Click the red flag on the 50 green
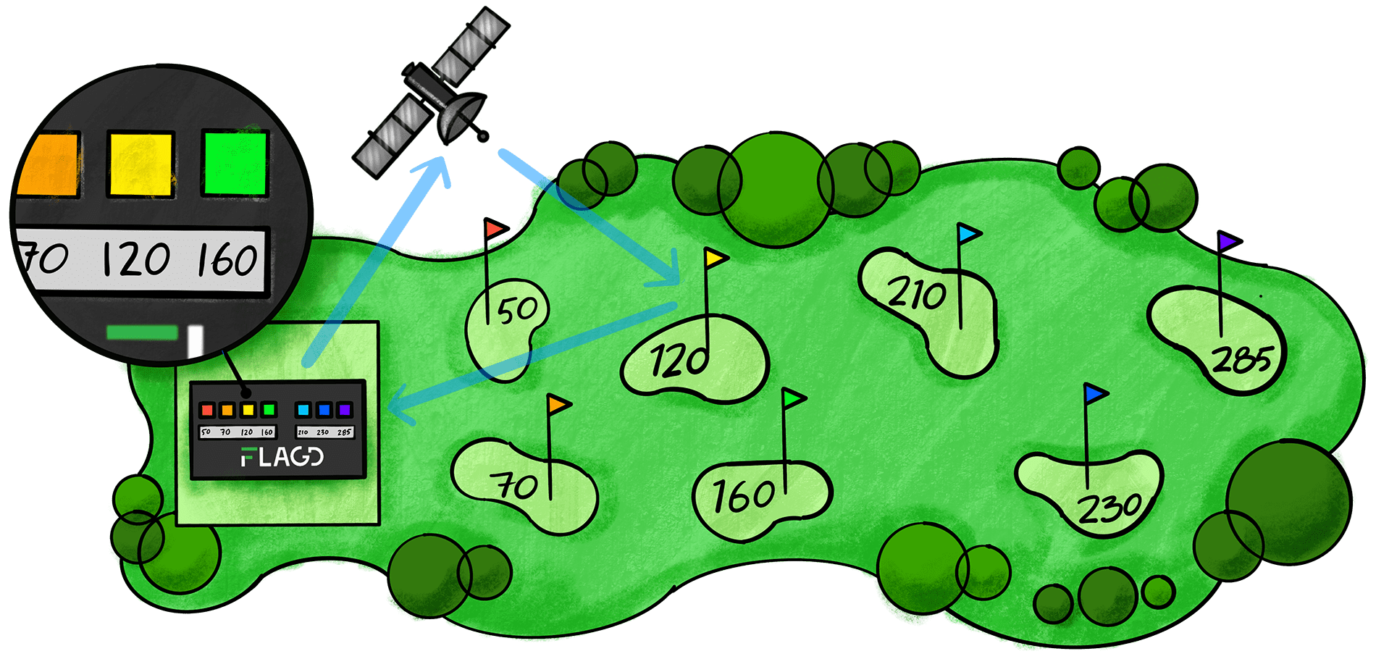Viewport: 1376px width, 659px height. click(496, 230)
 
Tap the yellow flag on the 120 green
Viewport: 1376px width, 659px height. click(716, 258)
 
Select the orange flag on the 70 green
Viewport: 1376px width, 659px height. click(559, 404)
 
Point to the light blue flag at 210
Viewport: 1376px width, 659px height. click(968, 234)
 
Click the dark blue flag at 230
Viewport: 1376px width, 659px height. click(1094, 393)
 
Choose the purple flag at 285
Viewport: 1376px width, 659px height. click(1228, 241)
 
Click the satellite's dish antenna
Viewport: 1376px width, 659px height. click(461, 116)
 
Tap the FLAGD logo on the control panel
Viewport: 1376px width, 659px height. click(282, 457)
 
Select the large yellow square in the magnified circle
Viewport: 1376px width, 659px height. click(140, 164)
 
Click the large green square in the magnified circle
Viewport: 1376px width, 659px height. click(235, 162)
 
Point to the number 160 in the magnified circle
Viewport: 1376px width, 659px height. click(227, 259)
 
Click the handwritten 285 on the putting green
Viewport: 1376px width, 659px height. click(1241, 359)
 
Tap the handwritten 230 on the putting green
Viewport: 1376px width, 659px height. click(1109, 508)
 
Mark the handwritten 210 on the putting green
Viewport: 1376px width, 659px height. click(917, 295)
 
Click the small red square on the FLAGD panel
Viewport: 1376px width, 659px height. click(207, 411)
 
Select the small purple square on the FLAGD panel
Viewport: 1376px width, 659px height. click(345, 411)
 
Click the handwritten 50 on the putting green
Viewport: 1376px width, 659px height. click(517, 310)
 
